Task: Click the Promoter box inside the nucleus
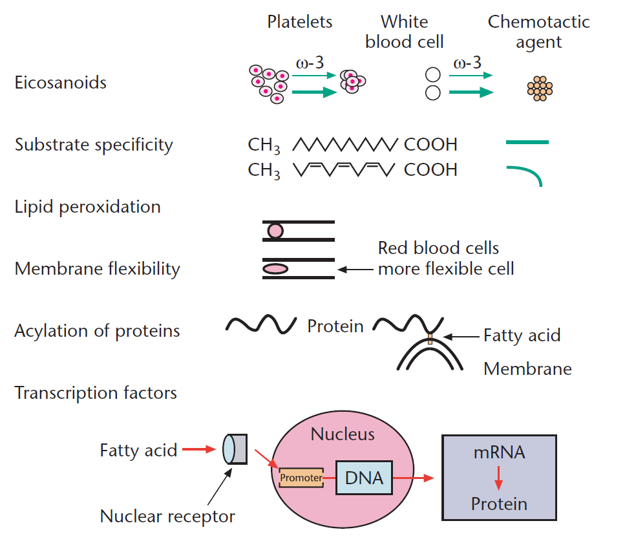coord(301,478)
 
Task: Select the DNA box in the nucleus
coord(365,478)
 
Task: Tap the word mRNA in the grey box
coord(498,452)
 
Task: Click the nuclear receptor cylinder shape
coord(234,449)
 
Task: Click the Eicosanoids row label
coord(61,83)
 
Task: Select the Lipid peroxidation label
coord(87,207)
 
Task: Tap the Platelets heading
coord(300,21)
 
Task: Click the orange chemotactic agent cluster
coord(540,89)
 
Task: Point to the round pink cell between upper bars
coord(275,231)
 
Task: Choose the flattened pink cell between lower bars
coord(275,269)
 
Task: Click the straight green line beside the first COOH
coord(527,142)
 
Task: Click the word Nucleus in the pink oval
coord(343,433)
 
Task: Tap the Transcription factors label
coord(96,392)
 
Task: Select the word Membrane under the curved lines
coord(527,369)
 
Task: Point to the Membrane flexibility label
coord(97,269)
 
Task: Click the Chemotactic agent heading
coord(538,32)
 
